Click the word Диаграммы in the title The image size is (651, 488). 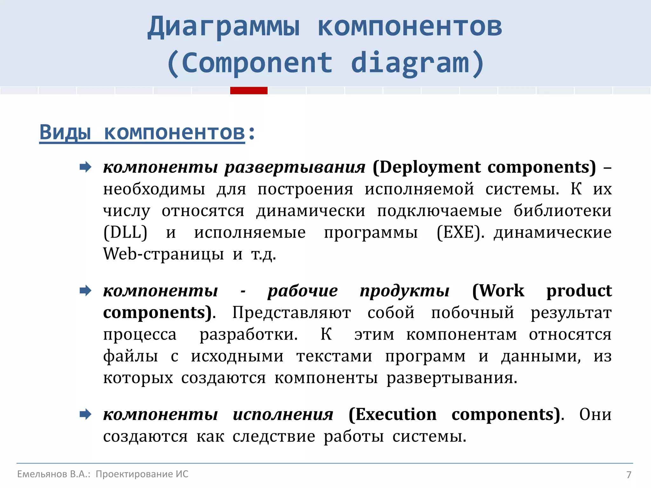pyautogui.click(x=223, y=27)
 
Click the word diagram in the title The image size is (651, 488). pyautogui.click(x=410, y=63)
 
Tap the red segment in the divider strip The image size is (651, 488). pyautogui.click(x=249, y=91)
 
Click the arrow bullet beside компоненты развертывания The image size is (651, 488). pyautogui.click(x=86, y=167)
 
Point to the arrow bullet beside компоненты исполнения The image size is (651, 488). pyautogui.click(x=86, y=414)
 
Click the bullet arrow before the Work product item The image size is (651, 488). pyautogui.click(x=86, y=290)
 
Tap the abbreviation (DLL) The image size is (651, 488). pyautogui.click(x=125, y=232)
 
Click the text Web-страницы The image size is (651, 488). pyautogui.click(x=163, y=254)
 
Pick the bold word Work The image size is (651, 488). pyautogui.click(x=498, y=291)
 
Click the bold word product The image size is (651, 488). pyautogui.click(x=579, y=291)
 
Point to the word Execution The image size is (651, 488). pyautogui.click(x=393, y=414)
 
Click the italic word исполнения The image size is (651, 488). pyautogui.click(x=283, y=414)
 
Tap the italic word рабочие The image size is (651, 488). pyautogui.click(x=302, y=291)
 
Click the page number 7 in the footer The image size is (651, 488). pyautogui.click(x=628, y=475)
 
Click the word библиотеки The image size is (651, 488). pyautogui.click(x=562, y=211)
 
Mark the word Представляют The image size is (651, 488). pyautogui.click(x=291, y=313)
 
